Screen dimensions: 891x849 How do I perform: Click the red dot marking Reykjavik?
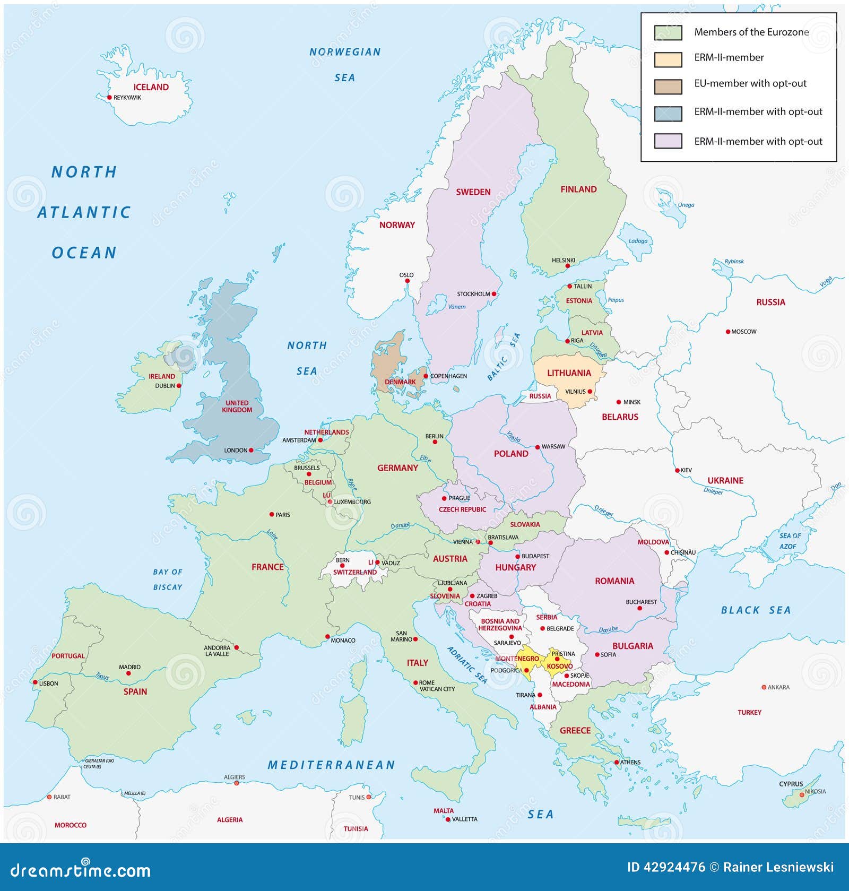pyautogui.click(x=110, y=97)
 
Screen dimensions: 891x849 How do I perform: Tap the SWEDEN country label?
pyautogui.click(x=473, y=192)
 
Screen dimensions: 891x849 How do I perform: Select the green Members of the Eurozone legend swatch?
pyautogui.click(x=668, y=32)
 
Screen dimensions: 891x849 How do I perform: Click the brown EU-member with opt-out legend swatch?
pyautogui.click(x=668, y=86)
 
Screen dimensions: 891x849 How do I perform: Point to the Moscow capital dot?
pyautogui.click(x=728, y=332)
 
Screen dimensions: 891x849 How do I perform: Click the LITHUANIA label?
pyautogui.click(x=569, y=373)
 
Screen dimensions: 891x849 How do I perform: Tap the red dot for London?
pyautogui.click(x=251, y=450)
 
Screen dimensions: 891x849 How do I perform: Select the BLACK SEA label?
pyautogui.click(x=756, y=610)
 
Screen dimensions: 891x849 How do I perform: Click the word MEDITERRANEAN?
pyautogui.click(x=332, y=765)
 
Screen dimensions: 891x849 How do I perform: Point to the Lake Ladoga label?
pyautogui.click(x=638, y=241)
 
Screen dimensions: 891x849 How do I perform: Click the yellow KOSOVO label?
pyautogui.click(x=559, y=666)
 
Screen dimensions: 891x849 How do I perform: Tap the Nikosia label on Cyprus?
pyautogui.click(x=815, y=791)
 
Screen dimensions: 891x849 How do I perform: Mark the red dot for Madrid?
pyautogui.click(x=128, y=673)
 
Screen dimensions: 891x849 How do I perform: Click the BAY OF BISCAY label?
pyautogui.click(x=168, y=579)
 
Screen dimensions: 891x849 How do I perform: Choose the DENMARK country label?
pyautogui.click(x=400, y=382)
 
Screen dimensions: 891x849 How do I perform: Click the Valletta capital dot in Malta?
pyautogui.click(x=448, y=819)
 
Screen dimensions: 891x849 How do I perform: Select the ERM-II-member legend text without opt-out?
pyautogui.click(x=729, y=57)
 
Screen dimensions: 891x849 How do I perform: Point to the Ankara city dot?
pyautogui.click(x=764, y=687)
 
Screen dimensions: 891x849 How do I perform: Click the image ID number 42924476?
pyautogui.click(x=674, y=867)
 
